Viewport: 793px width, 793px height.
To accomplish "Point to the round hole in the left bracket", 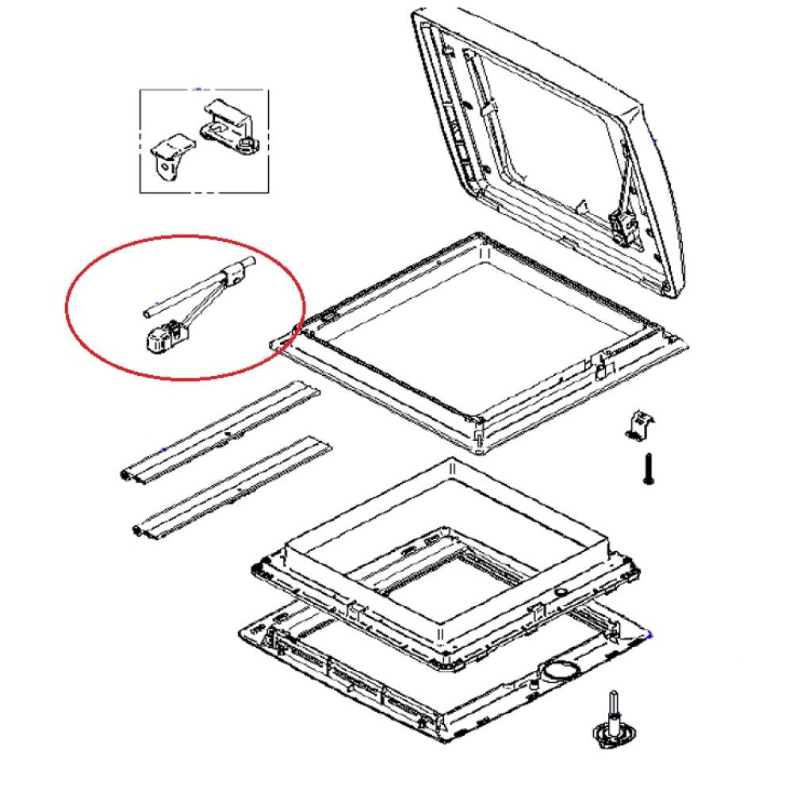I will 165,167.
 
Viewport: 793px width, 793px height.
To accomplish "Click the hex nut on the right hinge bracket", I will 249,144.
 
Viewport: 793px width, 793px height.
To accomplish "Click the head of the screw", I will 648,480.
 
